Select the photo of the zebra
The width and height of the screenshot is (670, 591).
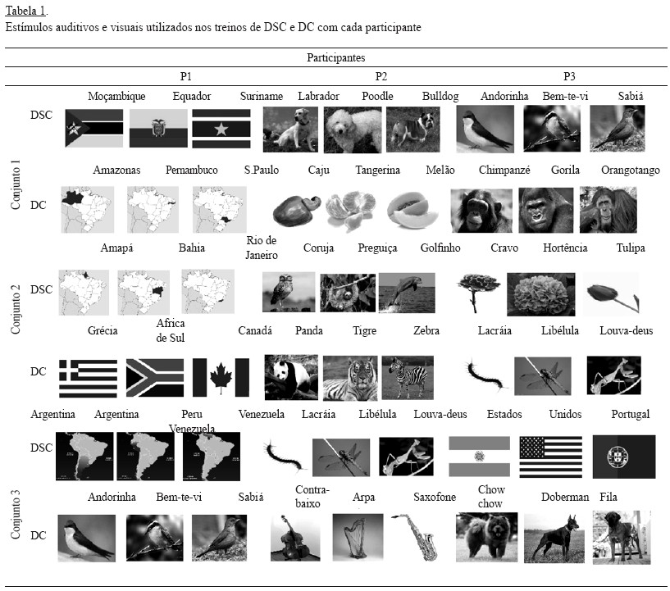408,378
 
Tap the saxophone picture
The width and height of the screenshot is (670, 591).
415,537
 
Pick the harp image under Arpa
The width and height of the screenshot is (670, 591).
358,537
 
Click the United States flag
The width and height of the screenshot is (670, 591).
551,457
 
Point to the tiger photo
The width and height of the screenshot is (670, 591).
350,379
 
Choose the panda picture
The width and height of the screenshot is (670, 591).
291,378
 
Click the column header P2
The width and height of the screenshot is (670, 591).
381,76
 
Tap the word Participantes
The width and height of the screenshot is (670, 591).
336,57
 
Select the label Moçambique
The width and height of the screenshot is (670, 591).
116,97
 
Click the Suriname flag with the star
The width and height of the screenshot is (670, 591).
221,129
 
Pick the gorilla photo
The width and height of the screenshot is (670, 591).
545,210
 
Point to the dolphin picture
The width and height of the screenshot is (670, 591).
407,293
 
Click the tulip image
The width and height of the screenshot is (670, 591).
612,294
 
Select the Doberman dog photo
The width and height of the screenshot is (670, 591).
554,538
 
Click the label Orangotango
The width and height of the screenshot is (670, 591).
631,170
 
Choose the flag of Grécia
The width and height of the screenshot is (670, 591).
88,379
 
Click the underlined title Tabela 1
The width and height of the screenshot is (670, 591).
25,11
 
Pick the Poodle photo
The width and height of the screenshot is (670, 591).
353,130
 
